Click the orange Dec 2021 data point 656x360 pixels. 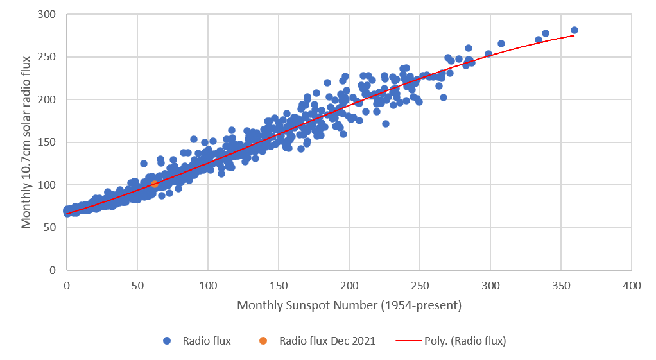pyautogui.click(x=155, y=184)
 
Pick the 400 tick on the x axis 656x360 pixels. pyautogui.click(x=632, y=285)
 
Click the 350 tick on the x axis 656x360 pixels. pyautogui.click(x=561, y=285)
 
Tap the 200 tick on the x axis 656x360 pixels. pyautogui.click(x=349, y=285)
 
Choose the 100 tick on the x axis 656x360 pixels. pyautogui.click(x=208, y=285)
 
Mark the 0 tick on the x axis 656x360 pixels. pyautogui.click(x=67, y=285)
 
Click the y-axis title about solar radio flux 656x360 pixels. pyautogui.click(x=26, y=142)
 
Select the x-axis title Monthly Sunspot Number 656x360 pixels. pyautogui.click(x=349, y=305)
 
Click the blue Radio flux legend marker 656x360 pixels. pyautogui.click(x=166, y=341)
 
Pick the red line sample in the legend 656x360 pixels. pyautogui.click(x=409, y=341)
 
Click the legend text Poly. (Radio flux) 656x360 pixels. pyautogui.click(x=465, y=341)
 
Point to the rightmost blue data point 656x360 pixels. pyautogui.click(x=574, y=30)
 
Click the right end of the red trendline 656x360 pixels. pyautogui.click(x=574, y=35)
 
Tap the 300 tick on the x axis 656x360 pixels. pyautogui.click(x=490, y=285)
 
